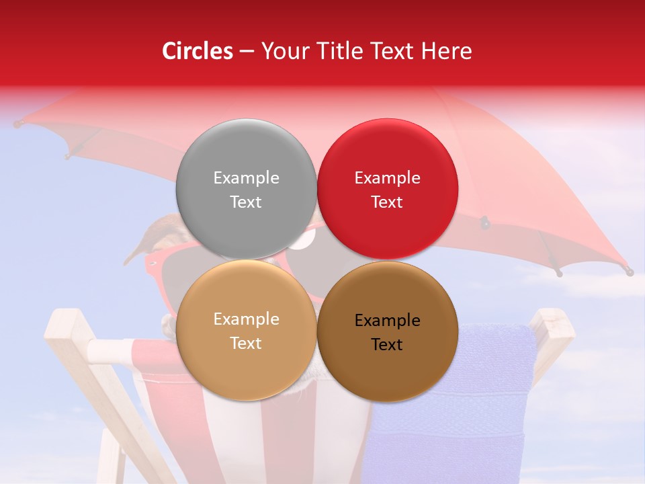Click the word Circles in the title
pyautogui.click(x=197, y=51)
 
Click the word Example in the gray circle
pyautogui.click(x=246, y=178)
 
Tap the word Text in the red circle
pyautogui.click(x=387, y=202)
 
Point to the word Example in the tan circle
pyautogui.click(x=246, y=319)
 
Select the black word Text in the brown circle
pyautogui.click(x=387, y=345)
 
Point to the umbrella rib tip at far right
pyautogui.click(x=629, y=272)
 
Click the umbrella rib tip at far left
pyautogui.click(x=17, y=124)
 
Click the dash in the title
pyautogui.click(x=246, y=51)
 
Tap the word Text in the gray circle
pyautogui.click(x=246, y=202)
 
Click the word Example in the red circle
pyautogui.click(x=387, y=178)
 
